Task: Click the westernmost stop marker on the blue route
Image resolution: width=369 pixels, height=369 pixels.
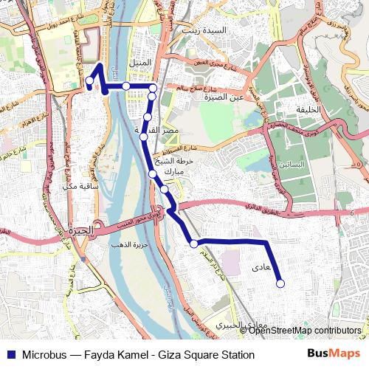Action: pos(89,80)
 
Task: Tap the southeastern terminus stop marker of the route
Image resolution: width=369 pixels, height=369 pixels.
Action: pos(280,282)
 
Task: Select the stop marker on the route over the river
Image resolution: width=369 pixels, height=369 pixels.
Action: pos(126,86)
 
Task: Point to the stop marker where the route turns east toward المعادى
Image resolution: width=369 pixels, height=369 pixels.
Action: pos(193,243)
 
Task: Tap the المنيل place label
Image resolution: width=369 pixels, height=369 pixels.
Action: pos(140,63)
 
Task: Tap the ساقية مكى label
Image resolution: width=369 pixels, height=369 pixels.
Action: pos(82,185)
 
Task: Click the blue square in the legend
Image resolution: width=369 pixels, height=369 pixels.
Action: pos(10,354)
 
